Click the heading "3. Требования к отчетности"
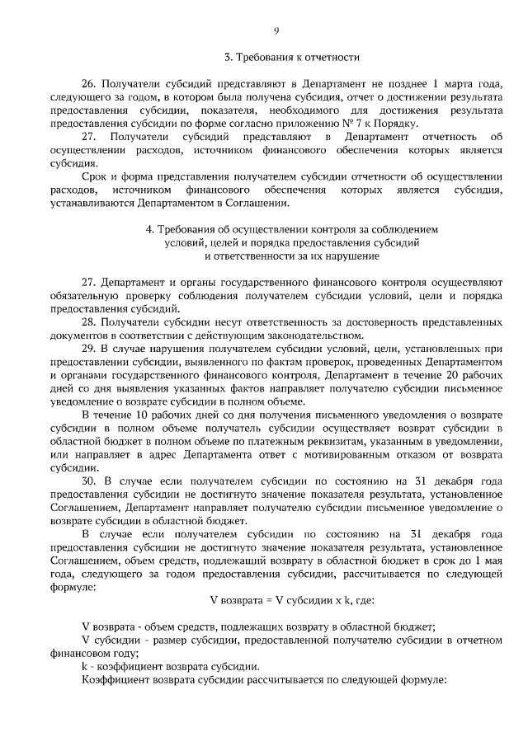click(x=293, y=58)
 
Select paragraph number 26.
click(x=89, y=85)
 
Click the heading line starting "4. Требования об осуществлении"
click(x=292, y=228)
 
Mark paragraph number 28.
click(x=89, y=321)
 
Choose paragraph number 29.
click(x=89, y=349)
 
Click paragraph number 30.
click(x=89, y=481)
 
